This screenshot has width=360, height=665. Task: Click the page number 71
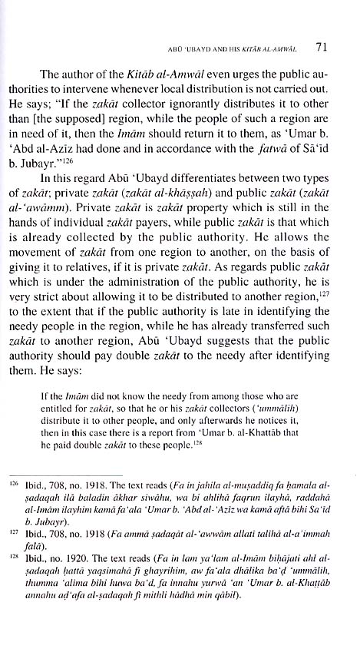click(x=324, y=47)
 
